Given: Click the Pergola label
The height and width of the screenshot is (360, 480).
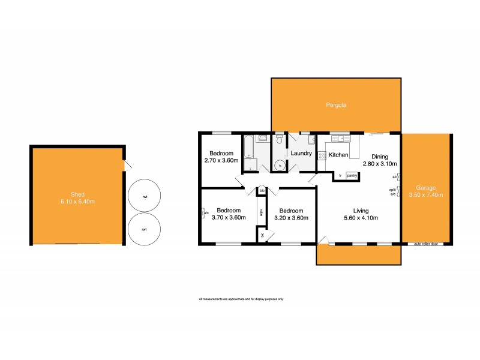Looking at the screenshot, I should pyautogui.click(x=336, y=105).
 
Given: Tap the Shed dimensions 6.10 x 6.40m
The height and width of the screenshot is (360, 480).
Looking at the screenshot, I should pyautogui.click(x=79, y=202).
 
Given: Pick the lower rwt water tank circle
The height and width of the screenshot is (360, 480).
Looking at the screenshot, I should pyautogui.click(x=145, y=229).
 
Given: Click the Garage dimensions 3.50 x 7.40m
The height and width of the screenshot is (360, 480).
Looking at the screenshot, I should pyautogui.click(x=425, y=195).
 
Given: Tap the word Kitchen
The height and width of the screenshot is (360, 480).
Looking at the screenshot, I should pyautogui.click(x=338, y=155).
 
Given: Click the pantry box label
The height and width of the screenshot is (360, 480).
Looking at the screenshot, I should pyautogui.click(x=352, y=175).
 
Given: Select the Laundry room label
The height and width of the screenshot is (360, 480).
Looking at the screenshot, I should pyautogui.click(x=301, y=154).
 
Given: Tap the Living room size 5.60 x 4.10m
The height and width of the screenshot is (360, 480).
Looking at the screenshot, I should pyautogui.click(x=361, y=218).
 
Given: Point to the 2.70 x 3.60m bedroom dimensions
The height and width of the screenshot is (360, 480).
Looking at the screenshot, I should pyautogui.click(x=221, y=161).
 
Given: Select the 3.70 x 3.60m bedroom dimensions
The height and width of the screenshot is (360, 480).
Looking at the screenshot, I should pyautogui.click(x=229, y=218).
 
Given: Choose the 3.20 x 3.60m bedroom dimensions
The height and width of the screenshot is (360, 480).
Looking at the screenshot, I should pyautogui.click(x=291, y=218).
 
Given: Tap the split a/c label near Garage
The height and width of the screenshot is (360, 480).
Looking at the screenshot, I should pyautogui.click(x=393, y=192).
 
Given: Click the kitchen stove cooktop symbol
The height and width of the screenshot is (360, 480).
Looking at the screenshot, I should pyautogui.click(x=322, y=155).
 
